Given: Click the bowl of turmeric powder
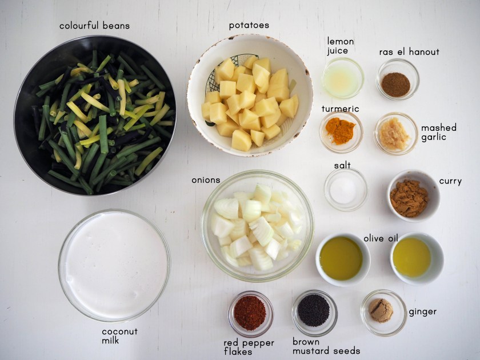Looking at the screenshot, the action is click(x=341, y=132).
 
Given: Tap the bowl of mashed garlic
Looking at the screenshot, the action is click(x=395, y=134).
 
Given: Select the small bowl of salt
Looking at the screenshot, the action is click(x=346, y=190).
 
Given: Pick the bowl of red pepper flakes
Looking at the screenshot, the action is click(x=250, y=314).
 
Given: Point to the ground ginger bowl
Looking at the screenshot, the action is click(x=383, y=313).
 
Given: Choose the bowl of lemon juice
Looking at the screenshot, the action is click(x=342, y=78).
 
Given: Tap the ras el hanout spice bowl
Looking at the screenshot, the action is click(x=397, y=79).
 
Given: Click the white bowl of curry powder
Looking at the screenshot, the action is click(x=413, y=196).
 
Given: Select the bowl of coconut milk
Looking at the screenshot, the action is click(x=114, y=265).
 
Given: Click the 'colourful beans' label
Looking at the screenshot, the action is click(x=95, y=25).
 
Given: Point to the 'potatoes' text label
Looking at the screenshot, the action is click(x=249, y=25).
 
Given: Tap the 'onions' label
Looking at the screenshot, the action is click(x=206, y=180).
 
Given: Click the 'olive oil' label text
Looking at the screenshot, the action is click(x=381, y=238).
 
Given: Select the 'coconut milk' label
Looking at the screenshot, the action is click(x=119, y=336).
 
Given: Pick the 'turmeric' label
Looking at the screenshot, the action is click(x=340, y=109).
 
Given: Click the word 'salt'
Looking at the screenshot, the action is click(x=342, y=165).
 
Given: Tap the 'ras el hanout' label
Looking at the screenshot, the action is click(x=409, y=52).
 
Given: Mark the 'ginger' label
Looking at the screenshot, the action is click(x=422, y=312).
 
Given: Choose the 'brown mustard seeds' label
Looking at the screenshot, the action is click(x=326, y=346).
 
